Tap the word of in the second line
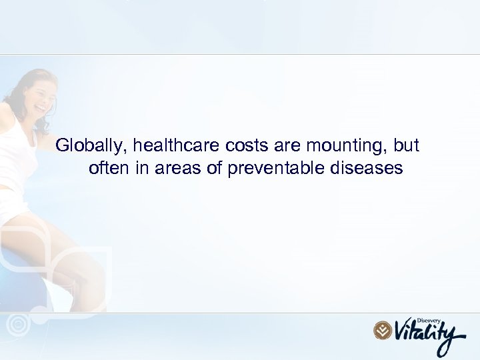tap(215, 168)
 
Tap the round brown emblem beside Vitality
tap(383, 330)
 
